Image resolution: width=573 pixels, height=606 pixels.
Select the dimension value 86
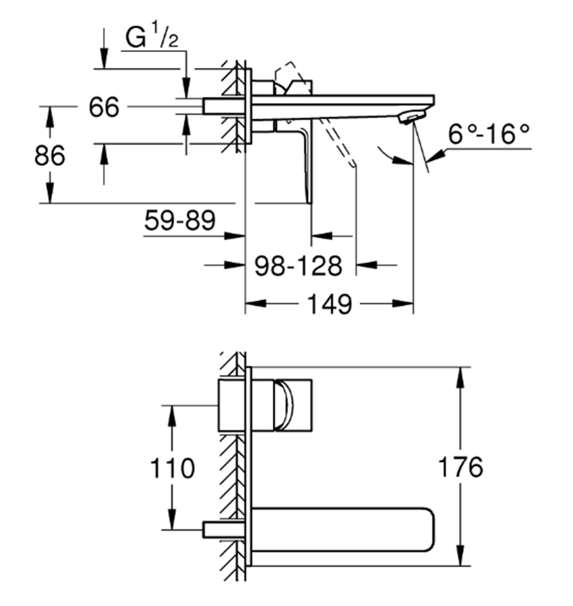(x=50, y=156)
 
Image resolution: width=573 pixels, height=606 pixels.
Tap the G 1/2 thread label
(x=152, y=38)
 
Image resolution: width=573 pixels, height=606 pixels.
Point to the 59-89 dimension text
(x=179, y=220)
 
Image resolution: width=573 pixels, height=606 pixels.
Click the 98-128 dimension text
(x=298, y=266)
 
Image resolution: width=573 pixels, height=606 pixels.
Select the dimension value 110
(x=172, y=467)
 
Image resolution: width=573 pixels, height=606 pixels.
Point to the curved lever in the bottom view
(x=284, y=404)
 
